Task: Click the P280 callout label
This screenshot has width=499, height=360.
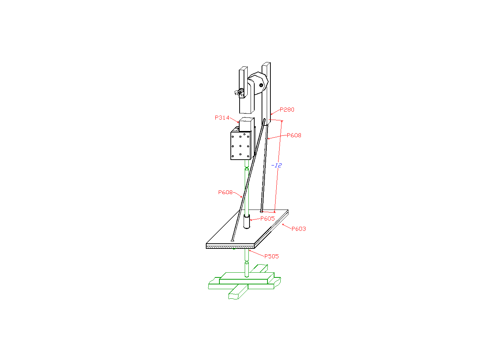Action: pos(287,110)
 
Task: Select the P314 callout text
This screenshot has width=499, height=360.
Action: pos(222,118)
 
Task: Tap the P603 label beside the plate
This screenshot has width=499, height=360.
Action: pos(299,229)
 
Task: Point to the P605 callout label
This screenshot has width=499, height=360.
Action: pos(267,219)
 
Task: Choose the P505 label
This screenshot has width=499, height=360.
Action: pos(272,257)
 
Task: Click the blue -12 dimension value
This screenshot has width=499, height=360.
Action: pos(276,165)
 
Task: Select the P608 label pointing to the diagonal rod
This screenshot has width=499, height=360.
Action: pos(225,192)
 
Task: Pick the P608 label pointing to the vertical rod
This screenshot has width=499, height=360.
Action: pos(294,135)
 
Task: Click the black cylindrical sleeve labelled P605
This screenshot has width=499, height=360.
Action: pos(247,221)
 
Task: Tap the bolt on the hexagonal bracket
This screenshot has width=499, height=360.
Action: pos(261,85)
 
